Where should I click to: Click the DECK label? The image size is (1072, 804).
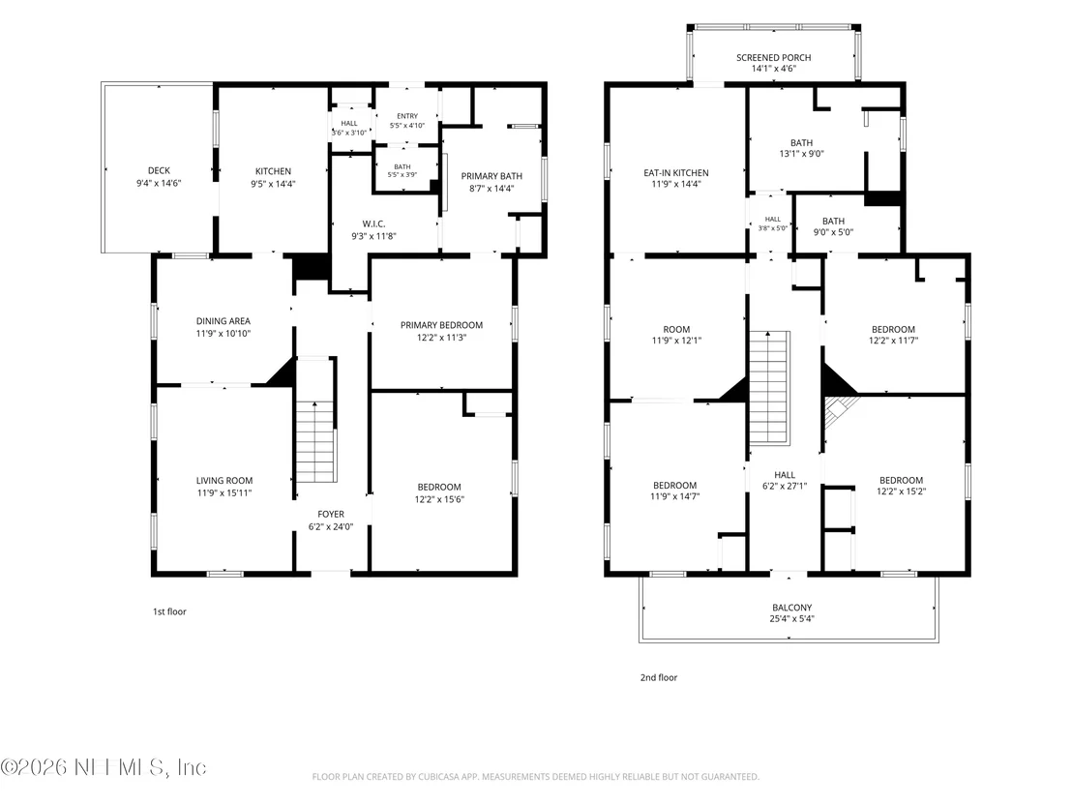click(159, 171)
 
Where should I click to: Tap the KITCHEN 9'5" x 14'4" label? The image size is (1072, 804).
click(273, 178)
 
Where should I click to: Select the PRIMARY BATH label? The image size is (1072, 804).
click(491, 176)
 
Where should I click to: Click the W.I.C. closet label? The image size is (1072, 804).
click(374, 224)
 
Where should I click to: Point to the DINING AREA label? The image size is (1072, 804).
click(223, 321)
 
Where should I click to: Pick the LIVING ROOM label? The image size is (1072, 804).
click(224, 481)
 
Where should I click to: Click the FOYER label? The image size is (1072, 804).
click(331, 514)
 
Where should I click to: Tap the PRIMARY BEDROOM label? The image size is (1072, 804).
click(441, 325)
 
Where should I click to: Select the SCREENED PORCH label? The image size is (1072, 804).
click(774, 57)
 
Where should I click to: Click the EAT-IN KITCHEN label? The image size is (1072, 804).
click(676, 173)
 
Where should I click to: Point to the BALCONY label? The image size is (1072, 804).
click(792, 607)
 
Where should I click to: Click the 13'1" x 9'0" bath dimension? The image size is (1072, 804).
click(802, 154)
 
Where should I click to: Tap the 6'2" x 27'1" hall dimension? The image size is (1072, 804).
click(785, 486)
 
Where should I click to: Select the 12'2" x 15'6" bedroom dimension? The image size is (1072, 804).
click(439, 500)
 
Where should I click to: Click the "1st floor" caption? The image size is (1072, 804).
click(169, 611)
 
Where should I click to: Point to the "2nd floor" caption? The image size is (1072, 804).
click(659, 677)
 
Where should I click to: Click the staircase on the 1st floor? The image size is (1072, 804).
click(315, 421)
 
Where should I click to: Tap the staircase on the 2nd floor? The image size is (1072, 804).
click(770, 388)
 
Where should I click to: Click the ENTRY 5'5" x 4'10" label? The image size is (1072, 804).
click(407, 121)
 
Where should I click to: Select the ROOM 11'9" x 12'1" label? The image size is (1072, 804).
click(677, 335)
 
